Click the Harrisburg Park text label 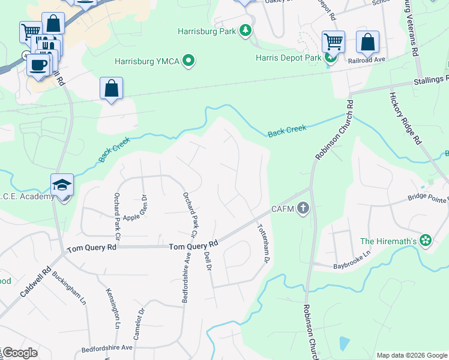[x=206, y=31]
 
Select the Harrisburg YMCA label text [x=147, y=61]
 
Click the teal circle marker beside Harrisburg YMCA [x=189, y=60]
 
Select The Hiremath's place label [x=388, y=241]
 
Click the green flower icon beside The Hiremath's [x=426, y=241]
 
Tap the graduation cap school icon [x=62, y=185]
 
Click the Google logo [x=20, y=353]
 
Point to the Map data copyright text [x=412, y=355]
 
